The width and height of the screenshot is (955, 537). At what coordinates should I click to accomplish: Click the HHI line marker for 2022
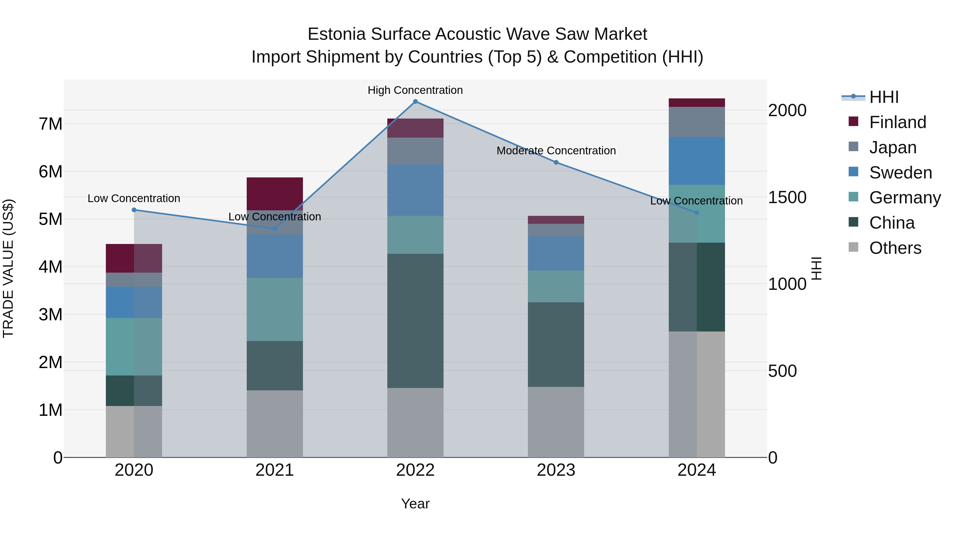coord(415,102)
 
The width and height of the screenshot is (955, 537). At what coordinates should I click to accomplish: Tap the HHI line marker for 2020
coord(134,210)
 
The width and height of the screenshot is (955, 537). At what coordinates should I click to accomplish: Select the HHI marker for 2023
coord(556,162)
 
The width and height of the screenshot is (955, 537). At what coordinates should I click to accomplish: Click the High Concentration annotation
coord(415,90)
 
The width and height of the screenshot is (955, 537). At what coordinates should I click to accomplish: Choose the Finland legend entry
coord(897,122)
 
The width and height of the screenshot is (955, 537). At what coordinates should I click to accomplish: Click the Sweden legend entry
coord(900,173)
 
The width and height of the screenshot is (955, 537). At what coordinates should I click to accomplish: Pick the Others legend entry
coord(895,248)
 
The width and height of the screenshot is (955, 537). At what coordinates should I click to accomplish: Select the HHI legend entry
coord(884,97)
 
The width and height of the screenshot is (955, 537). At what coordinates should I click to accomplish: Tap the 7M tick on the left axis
coord(50,124)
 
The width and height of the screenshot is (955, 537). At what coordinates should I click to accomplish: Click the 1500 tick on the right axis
coord(787,197)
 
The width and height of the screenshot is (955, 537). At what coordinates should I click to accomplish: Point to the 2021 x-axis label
coord(275,470)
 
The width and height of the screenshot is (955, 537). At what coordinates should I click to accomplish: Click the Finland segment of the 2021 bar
coord(275,194)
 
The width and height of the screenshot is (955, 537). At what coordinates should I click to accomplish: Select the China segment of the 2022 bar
coord(415,321)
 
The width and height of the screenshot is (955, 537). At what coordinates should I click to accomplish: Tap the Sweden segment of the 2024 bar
coord(697,161)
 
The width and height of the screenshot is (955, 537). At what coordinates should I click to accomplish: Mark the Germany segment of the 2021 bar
coord(275,309)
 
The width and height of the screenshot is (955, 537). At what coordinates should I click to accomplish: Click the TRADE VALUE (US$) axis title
coord(8,268)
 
